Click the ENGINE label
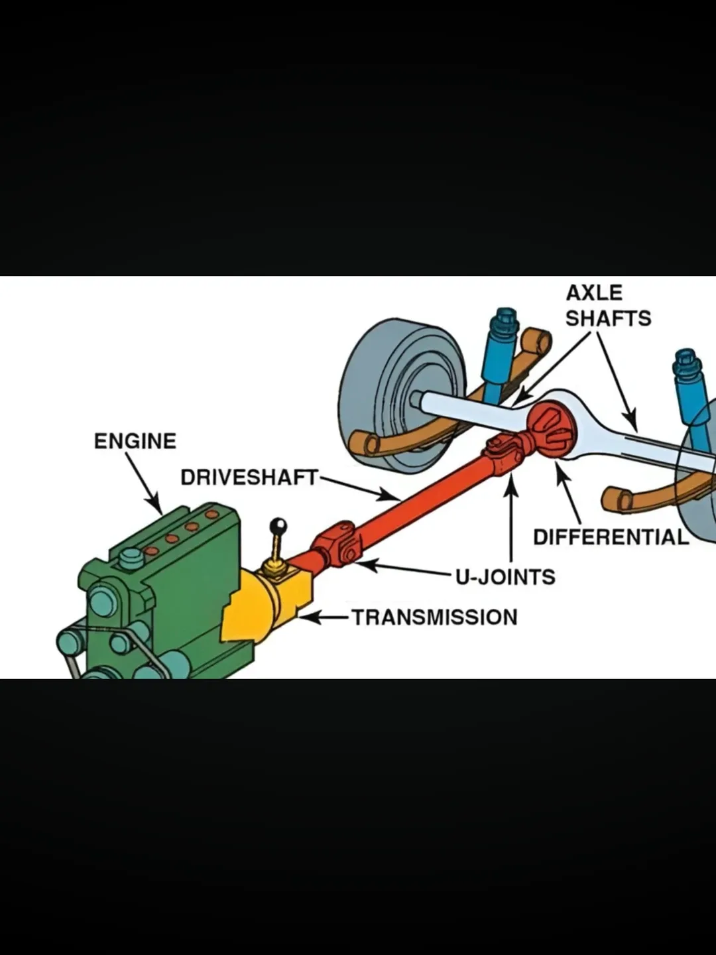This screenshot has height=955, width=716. point(135,441)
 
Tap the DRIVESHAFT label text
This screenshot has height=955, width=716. point(249,477)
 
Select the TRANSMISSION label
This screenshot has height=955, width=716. point(434,617)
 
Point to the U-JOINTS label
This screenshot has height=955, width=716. point(505,576)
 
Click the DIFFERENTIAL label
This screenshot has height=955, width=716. point(611,537)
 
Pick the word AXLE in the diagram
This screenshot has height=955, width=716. point(594,293)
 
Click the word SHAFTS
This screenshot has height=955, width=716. point(608,318)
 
